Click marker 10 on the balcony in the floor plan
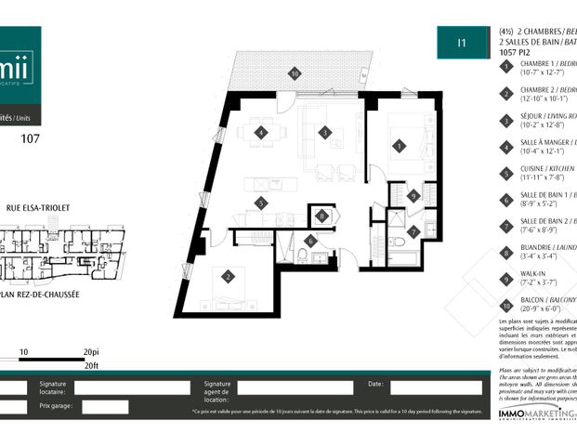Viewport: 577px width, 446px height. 295,72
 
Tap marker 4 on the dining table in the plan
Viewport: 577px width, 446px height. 262,133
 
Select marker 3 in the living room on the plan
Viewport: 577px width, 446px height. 324,133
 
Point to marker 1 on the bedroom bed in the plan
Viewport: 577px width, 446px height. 400,146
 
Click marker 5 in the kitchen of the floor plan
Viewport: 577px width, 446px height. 262,202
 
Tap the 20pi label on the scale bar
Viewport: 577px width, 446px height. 90,352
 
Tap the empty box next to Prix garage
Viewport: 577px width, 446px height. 105,406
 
